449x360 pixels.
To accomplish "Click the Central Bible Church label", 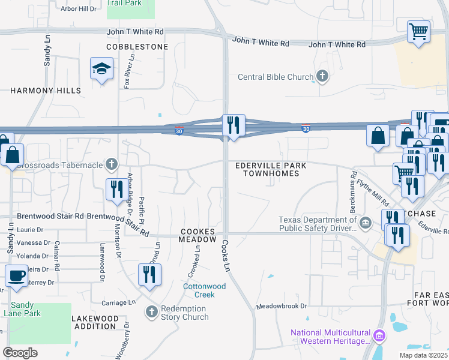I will click(276, 77).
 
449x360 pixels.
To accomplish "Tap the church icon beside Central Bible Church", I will click(322, 76).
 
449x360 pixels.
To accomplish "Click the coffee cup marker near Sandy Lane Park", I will click(16, 276).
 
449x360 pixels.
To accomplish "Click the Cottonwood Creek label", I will click(204, 290).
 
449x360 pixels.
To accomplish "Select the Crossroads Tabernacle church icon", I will click(111, 163).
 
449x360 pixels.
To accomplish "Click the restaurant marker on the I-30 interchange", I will click(232, 125).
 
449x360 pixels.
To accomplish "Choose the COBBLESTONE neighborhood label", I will click(137, 46).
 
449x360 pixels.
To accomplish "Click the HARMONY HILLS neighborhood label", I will click(46, 91).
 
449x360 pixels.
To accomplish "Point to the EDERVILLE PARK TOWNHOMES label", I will click(271, 169).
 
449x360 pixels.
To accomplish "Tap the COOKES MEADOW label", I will click(197, 235).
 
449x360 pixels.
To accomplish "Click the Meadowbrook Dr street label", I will click(282, 306).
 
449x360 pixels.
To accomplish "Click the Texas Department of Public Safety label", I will click(318, 223).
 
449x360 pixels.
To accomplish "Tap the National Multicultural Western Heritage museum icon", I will click(379, 334).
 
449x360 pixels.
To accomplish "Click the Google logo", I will click(20, 353).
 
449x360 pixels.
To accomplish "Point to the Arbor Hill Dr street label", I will click(79, 8).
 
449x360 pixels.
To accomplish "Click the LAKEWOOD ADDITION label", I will click(94, 322).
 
